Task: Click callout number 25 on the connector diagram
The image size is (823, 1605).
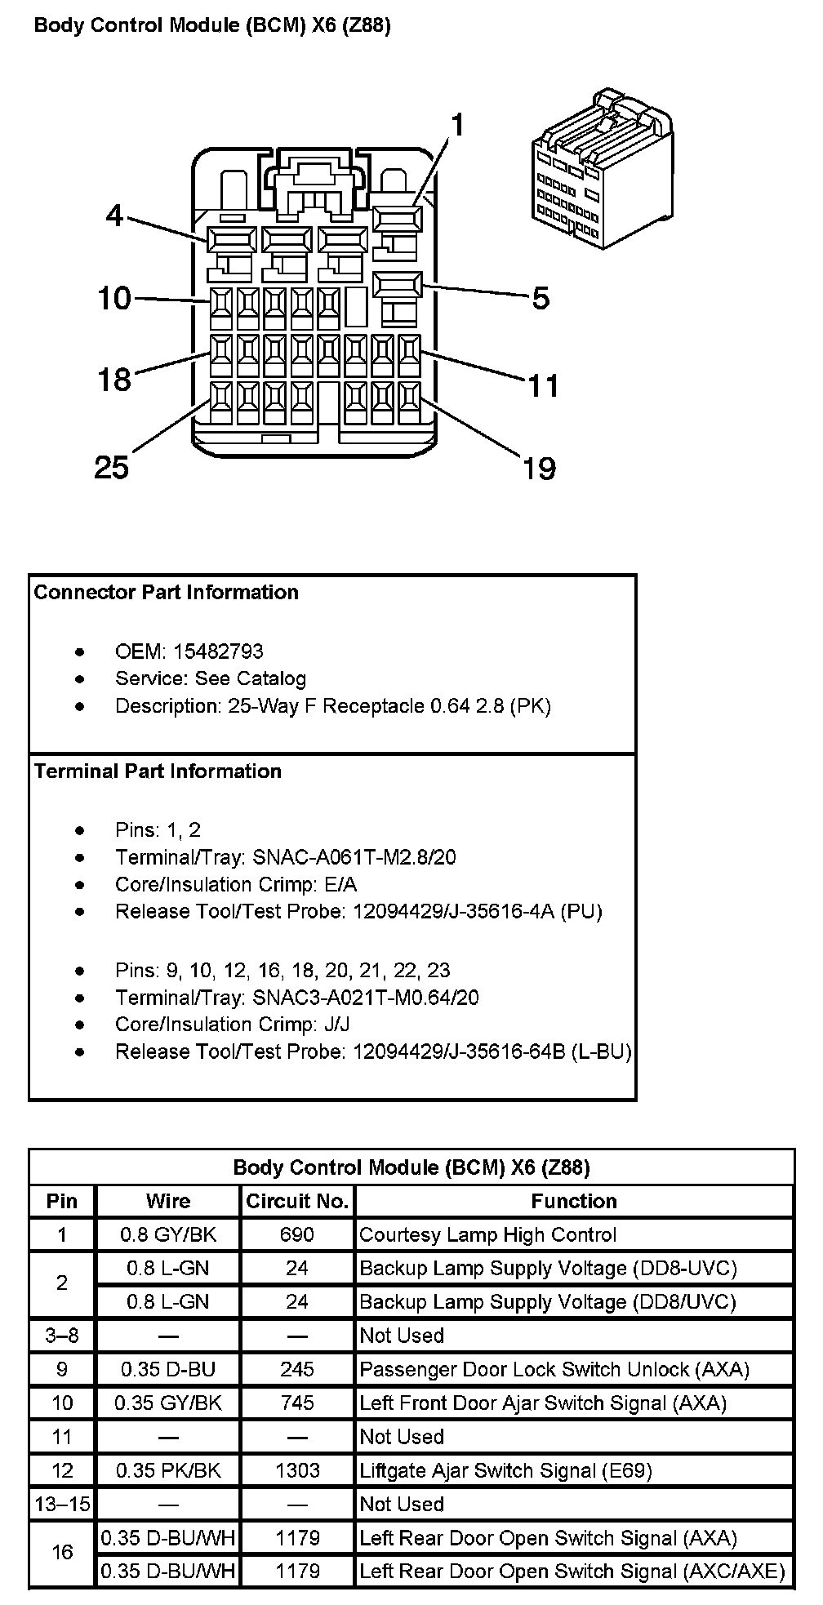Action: point(112,467)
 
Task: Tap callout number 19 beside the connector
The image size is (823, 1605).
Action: point(540,468)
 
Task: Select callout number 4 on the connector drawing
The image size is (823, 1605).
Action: point(114,216)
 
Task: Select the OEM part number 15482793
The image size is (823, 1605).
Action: point(218,651)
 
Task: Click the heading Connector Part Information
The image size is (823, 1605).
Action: point(167,592)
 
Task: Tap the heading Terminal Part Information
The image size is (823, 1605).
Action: point(158,771)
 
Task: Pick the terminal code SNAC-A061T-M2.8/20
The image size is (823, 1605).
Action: point(354,856)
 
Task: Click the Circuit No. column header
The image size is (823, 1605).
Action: point(297,1201)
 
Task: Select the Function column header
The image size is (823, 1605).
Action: point(574,1201)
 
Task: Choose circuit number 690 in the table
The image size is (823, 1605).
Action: point(297,1234)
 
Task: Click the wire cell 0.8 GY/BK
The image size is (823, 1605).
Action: point(168,1234)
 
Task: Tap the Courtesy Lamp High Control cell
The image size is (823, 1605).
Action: point(488,1234)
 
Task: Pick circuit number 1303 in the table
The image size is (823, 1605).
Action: point(297,1470)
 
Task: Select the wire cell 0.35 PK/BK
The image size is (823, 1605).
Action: point(168,1470)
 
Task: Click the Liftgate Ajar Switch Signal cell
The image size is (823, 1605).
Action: point(506,1470)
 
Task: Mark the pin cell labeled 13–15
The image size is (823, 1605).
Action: point(62,1504)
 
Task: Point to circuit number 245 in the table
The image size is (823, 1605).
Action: point(297,1369)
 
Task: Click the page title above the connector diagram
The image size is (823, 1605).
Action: point(212,26)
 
